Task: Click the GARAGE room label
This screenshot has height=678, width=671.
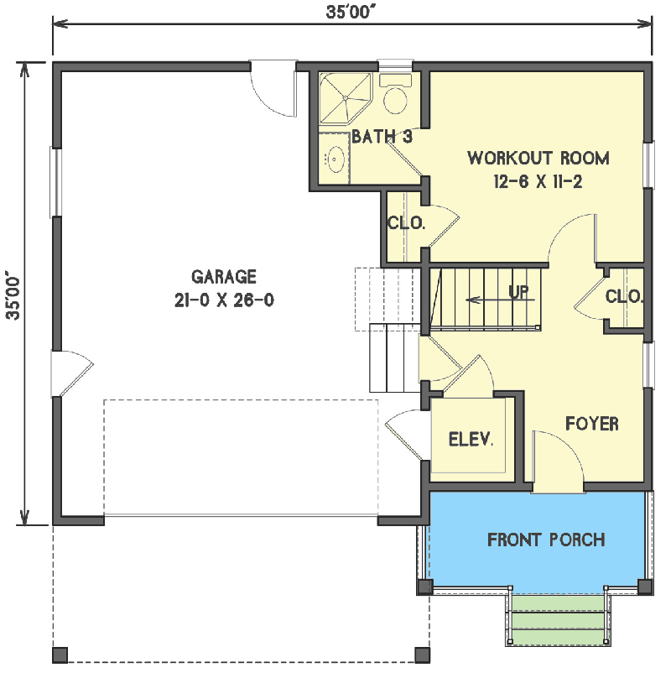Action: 223,277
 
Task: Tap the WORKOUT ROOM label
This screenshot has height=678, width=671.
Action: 538,158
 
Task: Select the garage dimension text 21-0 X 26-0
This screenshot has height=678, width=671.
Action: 224,300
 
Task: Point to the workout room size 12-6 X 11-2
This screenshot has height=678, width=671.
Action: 538,181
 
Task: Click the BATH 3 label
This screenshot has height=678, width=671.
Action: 382,137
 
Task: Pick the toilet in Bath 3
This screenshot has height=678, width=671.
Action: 395,95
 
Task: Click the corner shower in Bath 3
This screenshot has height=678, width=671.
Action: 346,98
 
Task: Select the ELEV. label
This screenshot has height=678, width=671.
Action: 471,440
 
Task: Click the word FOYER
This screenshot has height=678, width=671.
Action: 592,424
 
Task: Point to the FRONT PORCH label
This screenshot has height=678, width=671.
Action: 546,540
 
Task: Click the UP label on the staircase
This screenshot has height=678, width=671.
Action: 518,292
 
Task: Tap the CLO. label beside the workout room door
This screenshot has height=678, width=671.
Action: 406,223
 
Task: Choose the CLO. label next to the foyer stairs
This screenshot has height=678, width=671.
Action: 624,297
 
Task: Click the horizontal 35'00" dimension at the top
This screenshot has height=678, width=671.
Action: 349,12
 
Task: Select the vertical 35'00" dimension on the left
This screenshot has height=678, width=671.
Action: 13,295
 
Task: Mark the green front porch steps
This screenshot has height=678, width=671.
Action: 558,620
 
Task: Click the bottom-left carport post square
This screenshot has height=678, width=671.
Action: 60,655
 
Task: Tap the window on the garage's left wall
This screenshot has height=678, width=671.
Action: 55,182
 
